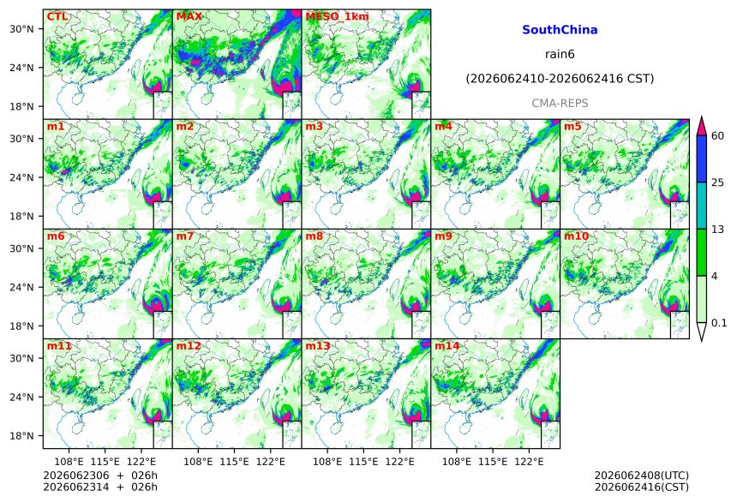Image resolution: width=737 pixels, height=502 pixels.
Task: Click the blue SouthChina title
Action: click(560, 30)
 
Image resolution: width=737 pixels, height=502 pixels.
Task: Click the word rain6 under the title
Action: click(560, 54)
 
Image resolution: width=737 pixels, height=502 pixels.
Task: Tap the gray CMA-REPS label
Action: click(560, 104)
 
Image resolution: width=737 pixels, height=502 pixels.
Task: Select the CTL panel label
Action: click(57, 16)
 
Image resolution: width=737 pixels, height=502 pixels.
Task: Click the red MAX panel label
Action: click(189, 16)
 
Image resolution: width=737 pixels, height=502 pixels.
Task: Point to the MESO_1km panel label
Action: click(337, 17)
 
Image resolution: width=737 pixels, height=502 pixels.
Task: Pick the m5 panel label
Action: click(572, 127)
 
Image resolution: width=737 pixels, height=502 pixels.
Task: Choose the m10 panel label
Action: click(576, 236)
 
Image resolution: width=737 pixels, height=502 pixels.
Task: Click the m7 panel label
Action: click(185, 236)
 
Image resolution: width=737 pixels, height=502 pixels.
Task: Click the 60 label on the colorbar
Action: click(718, 136)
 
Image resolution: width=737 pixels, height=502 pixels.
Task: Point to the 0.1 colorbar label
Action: click(719, 322)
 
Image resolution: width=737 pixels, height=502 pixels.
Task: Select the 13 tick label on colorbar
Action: click(718, 230)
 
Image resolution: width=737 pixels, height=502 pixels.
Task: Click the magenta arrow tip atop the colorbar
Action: click(702, 117)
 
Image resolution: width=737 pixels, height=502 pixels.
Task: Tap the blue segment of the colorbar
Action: click(702, 158)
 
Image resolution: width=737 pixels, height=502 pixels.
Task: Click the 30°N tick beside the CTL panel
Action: click(21, 29)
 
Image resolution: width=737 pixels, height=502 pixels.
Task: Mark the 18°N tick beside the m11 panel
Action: click(21, 436)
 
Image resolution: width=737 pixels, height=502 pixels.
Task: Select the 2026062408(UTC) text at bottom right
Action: click(642, 475)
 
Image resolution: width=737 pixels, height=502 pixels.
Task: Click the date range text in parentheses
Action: click(560, 79)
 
